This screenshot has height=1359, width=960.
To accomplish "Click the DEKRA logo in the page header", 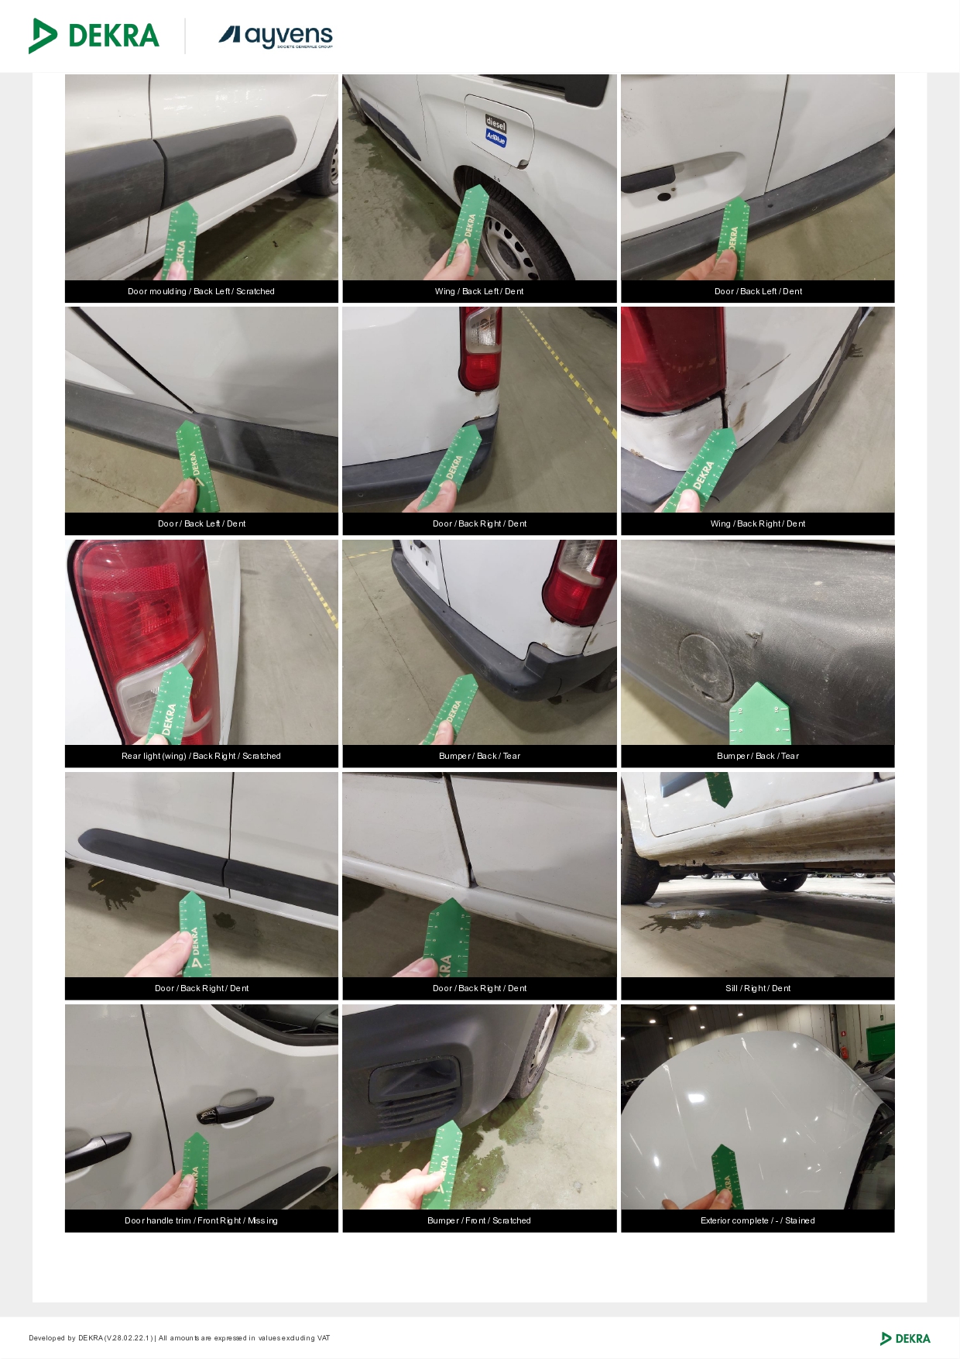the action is point(94,36).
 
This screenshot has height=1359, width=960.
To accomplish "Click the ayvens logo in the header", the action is point(276,36).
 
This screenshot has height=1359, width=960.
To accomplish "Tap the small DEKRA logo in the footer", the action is point(905,1338).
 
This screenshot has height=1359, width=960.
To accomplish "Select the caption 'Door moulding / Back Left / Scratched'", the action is point(201,291).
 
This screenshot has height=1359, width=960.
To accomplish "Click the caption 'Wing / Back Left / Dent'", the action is point(479,291).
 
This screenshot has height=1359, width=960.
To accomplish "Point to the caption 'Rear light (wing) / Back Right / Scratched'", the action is point(201,756).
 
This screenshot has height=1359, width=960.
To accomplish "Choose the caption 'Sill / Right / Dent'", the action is point(758,988).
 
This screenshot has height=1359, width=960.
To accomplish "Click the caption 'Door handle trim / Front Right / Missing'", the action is point(201,1220).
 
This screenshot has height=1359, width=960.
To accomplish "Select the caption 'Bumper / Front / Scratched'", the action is point(479,1220).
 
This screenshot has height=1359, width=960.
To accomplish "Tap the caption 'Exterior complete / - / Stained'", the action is point(758,1220).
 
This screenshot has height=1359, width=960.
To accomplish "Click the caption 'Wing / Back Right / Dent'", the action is point(758,523).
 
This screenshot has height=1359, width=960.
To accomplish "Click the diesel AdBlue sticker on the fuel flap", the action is point(495,130).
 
